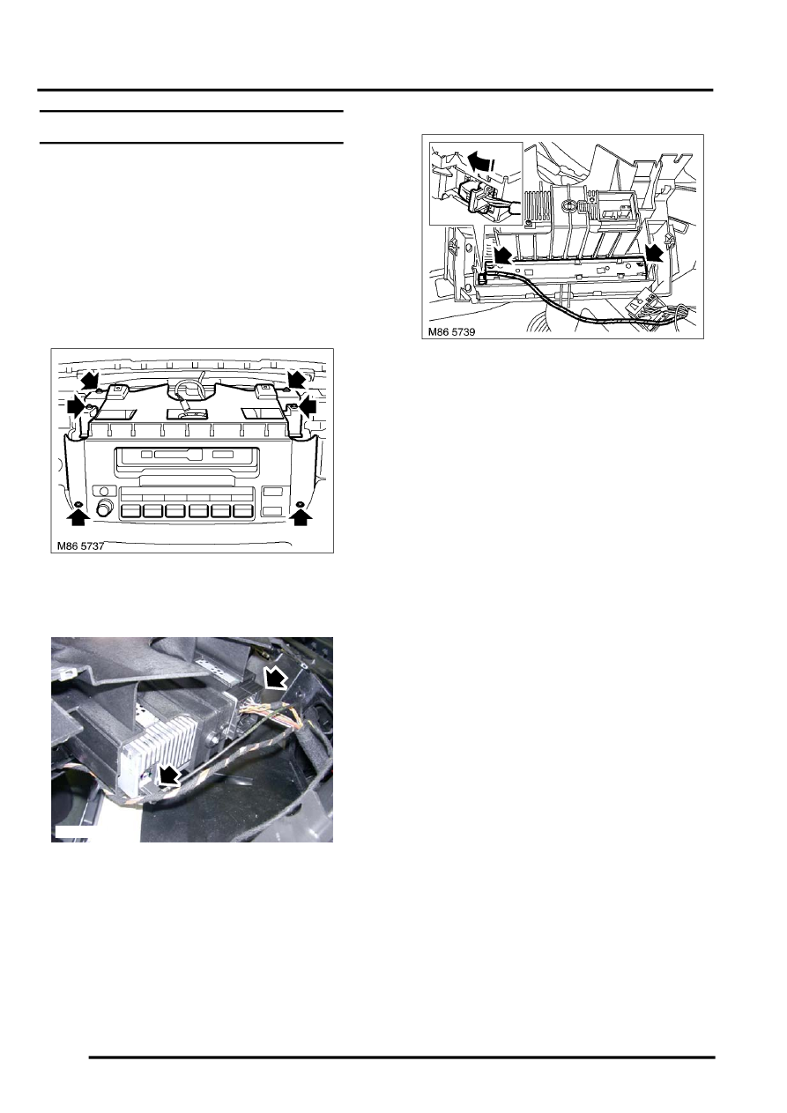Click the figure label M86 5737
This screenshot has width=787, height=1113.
pos(80,546)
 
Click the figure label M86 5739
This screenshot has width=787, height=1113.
pos(451,331)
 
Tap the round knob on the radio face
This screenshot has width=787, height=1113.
pos(105,508)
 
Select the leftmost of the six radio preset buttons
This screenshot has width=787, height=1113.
pos(130,512)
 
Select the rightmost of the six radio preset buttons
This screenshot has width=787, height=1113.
pos(243,512)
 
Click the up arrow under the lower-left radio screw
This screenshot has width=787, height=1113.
pos(78,519)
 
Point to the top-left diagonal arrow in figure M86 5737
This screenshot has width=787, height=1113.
pos(89,380)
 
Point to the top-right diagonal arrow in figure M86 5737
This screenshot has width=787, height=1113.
pos(298,379)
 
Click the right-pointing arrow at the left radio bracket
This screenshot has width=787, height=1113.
pos(76,407)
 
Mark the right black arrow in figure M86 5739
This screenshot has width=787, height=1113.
pos(656,252)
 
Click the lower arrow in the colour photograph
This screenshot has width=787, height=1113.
pos(169,776)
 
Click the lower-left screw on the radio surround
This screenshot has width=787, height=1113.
pos(78,505)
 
